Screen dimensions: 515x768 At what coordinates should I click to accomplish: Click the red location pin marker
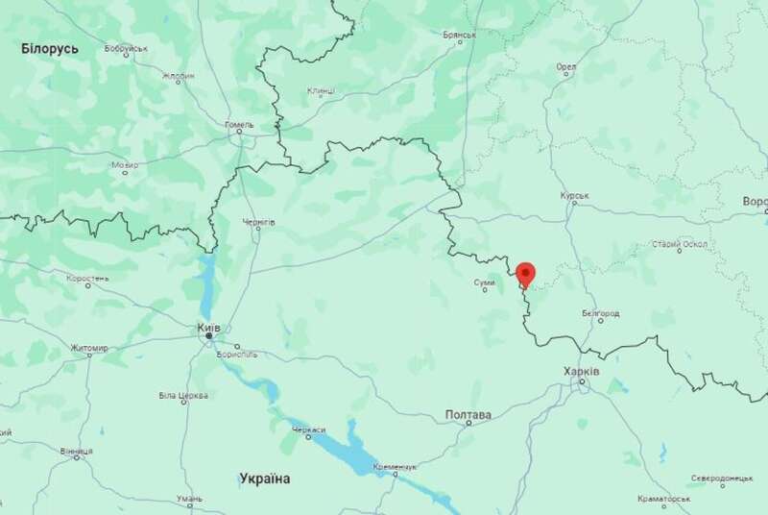click(x=525, y=275)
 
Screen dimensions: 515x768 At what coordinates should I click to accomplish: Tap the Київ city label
click(x=208, y=328)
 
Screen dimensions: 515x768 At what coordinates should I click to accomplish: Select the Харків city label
click(x=584, y=371)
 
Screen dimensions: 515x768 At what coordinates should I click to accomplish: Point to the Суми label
click(x=485, y=282)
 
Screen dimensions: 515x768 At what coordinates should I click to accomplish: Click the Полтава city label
click(x=468, y=415)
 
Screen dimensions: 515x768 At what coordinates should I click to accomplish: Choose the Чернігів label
click(x=259, y=222)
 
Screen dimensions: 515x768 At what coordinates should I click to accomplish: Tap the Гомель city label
click(x=239, y=125)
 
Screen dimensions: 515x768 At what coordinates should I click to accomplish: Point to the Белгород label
click(x=601, y=314)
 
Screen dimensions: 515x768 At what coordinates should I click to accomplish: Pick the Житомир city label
click(x=89, y=348)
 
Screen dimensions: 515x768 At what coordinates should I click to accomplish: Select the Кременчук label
click(x=396, y=466)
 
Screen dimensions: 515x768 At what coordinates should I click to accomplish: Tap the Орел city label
click(x=566, y=68)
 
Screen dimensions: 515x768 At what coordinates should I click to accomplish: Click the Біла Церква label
click(x=182, y=396)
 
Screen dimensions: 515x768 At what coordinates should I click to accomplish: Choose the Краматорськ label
click(x=663, y=500)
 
